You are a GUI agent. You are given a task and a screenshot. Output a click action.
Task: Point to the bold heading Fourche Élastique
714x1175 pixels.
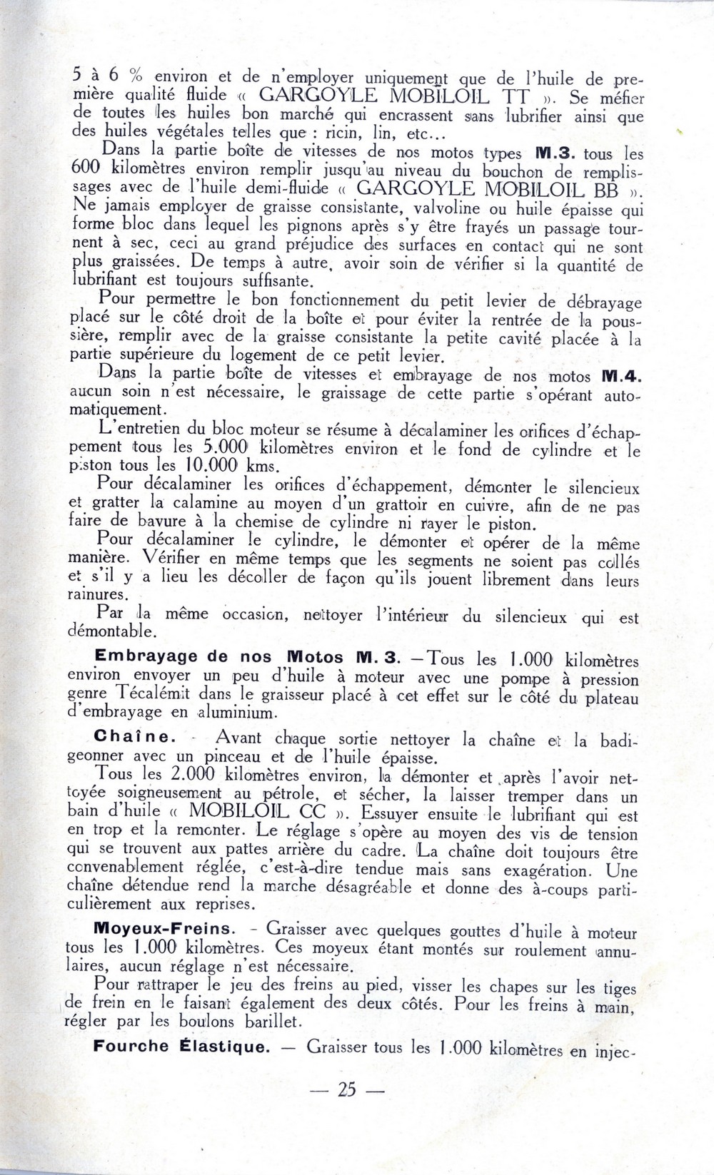click(x=181, y=1047)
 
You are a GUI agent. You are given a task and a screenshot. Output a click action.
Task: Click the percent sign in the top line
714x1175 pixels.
click(x=137, y=76)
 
